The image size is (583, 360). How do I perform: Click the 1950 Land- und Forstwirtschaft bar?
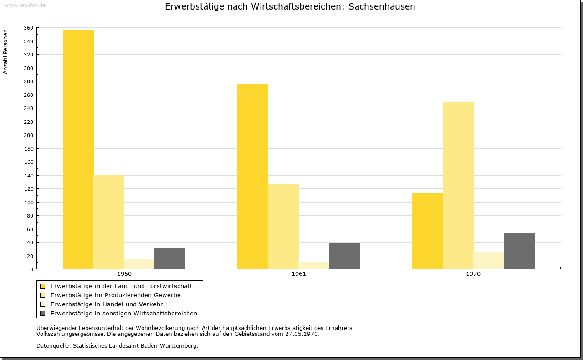pyautogui.click(x=78, y=150)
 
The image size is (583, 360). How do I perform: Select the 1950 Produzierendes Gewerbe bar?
pyautogui.click(x=109, y=222)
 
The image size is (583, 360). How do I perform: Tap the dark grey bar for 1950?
pyautogui.click(x=170, y=259)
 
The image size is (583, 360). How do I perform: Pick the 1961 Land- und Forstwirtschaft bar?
pyautogui.click(x=253, y=176)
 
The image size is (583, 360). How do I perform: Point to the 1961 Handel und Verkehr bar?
pyautogui.click(x=314, y=265)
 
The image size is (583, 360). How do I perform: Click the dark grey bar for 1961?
pyautogui.click(x=344, y=256)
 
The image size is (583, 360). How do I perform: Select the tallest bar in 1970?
pyautogui.click(x=458, y=186)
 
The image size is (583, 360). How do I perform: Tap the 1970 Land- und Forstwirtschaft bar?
pyautogui.click(x=427, y=231)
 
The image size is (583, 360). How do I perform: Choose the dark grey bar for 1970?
pyautogui.click(x=519, y=251)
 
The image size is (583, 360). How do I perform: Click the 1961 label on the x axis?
pyautogui.click(x=299, y=274)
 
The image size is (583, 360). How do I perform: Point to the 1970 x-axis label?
pyautogui.click(x=473, y=274)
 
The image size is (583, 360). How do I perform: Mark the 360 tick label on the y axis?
pyautogui.click(x=28, y=28)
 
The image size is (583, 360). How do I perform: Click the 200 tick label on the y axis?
pyautogui.click(x=28, y=135)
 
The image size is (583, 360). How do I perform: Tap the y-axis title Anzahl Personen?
pyautogui.click(x=5, y=52)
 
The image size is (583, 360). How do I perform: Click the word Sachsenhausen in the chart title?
pyautogui.click(x=382, y=6)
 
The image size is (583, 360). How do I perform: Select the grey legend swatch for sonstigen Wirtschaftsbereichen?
pyautogui.click(x=43, y=314)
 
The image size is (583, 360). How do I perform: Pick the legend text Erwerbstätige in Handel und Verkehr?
pyautogui.click(x=107, y=304)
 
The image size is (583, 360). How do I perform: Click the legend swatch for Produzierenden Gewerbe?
pyautogui.click(x=43, y=295)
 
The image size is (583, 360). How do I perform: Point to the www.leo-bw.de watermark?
pyautogui.click(x=25, y=5)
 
